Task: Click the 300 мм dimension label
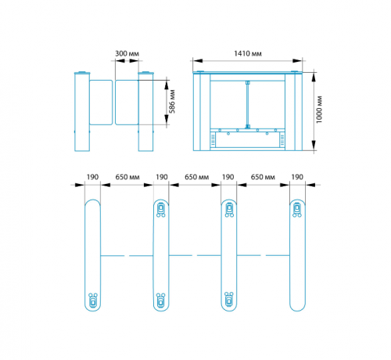point(127,53)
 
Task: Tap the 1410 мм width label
point(248,53)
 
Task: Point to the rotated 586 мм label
point(172,102)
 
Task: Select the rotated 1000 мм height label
point(319,110)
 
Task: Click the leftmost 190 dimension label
point(92,177)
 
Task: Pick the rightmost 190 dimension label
point(297,177)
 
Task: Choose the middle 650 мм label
point(196,177)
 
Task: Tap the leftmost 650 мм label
point(127,177)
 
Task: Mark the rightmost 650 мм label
point(263,177)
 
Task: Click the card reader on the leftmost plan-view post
point(93,300)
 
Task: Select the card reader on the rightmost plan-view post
point(297,210)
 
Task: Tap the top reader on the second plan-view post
point(161,210)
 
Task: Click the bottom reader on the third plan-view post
point(229,299)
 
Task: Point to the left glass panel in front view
point(101,103)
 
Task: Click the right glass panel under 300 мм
point(127,103)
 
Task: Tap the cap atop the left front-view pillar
point(82,73)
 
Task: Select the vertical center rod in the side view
point(247,105)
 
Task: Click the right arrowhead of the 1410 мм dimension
point(297,60)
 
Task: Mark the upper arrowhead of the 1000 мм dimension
point(314,77)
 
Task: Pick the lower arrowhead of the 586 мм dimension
point(167,120)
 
